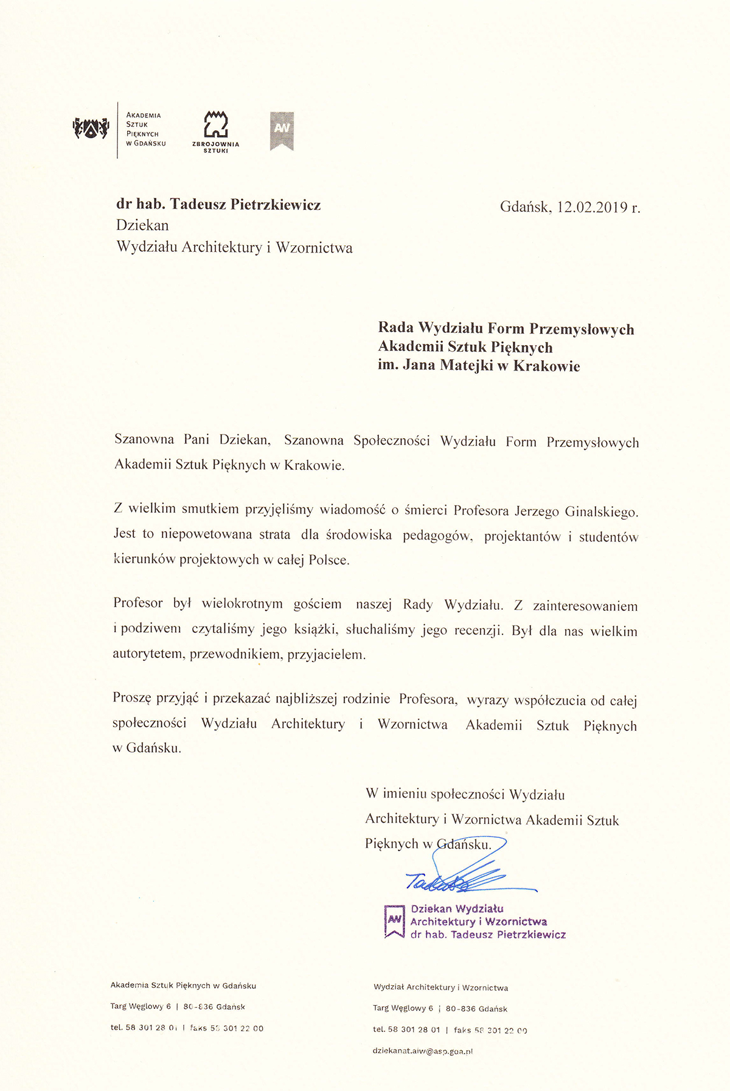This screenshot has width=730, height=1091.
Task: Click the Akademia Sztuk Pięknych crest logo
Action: coord(91,128)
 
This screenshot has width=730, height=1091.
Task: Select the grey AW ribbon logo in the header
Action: coord(282,130)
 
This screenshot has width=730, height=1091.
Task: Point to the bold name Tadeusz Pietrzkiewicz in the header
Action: coord(245,204)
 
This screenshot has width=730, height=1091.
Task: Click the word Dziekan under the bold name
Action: coord(142,225)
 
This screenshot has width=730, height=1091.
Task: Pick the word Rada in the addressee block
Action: coord(395,327)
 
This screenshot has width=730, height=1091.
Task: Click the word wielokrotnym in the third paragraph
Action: coord(242,604)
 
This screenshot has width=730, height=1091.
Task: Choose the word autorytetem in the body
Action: coord(148,655)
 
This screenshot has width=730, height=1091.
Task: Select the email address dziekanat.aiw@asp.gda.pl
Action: coord(423,1051)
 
